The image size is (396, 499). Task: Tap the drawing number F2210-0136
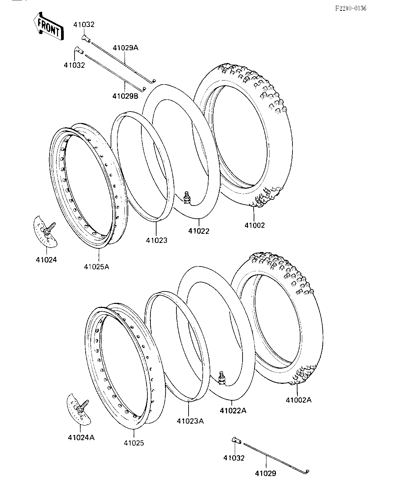click(x=350, y=8)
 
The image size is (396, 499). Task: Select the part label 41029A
click(x=125, y=48)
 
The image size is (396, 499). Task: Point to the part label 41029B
click(x=125, y=96)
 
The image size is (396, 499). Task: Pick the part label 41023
click(x=157, y=240)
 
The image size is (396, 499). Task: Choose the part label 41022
click(x=199, y=231)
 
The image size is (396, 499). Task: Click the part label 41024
click(x=46, y=259)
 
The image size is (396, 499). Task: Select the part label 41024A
click(x=81, y=438)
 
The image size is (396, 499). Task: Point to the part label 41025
click(x=134, y=443)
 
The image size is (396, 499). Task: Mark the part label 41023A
click(x=190, y=421)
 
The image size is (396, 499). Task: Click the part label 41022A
click(x=233, y=411)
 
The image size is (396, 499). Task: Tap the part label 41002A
click(x=299, y=400)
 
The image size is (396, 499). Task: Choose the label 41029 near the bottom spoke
click(x=265, y=473)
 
